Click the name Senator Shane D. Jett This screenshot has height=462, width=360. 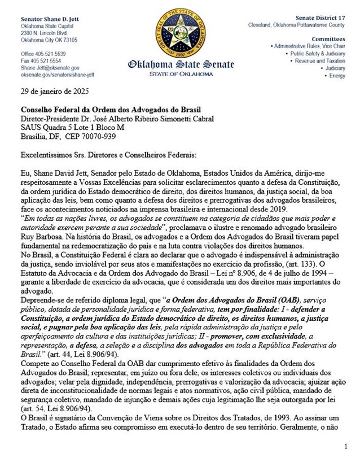(x=45, y=19)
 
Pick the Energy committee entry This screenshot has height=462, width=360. (x=337, y=76)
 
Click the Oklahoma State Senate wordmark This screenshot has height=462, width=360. (x=179, y=65)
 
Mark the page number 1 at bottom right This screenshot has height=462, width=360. (x=346, y=446)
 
